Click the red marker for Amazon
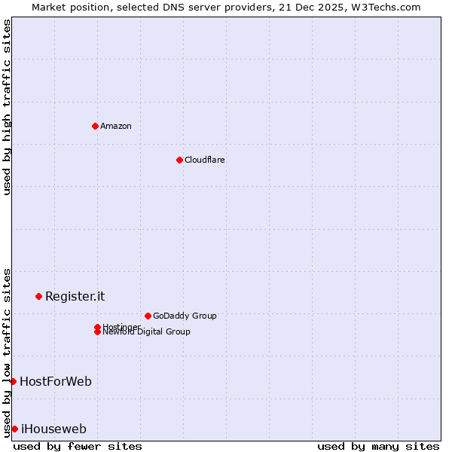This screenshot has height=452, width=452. (x=95, y=126)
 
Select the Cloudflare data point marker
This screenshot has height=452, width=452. (x=179, y=160)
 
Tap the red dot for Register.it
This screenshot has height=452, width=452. (x=38, y=296)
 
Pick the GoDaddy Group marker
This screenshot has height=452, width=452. (x=148, y=316)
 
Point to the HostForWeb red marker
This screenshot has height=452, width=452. (x=13, y=381)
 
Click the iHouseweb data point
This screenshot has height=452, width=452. (x=14, y=429)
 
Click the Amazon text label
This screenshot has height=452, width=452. (x=116, y=126)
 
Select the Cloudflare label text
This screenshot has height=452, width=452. (x=204, y=160)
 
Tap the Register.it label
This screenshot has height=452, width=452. (x=75, y=296)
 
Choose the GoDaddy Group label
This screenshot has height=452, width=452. (x=185, y=316)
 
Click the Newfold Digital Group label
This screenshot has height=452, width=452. (x=146, y=332)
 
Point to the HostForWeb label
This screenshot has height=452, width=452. (x=56, y=381)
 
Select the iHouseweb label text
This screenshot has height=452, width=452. (x=53, y=429)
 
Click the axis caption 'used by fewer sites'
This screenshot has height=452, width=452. (x=78, y=446)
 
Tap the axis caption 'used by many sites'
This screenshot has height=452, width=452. (x=378, y=446)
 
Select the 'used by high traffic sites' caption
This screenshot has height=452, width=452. (x=7, y=107)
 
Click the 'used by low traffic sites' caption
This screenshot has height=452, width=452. (x=7, y=353)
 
